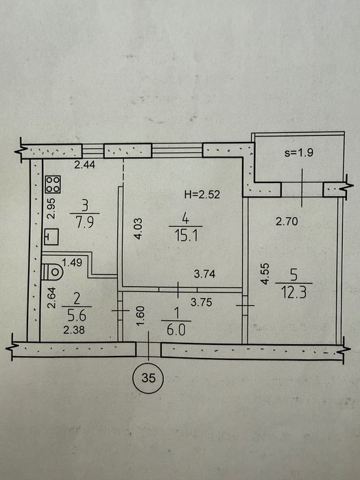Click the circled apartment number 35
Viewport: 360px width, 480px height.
coord(149,379)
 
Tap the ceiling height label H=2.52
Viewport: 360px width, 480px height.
coord(202,194)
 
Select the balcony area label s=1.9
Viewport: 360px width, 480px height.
coord(298,152)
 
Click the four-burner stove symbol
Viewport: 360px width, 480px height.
coord(53,184)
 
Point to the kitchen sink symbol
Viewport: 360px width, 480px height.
coord(51,237)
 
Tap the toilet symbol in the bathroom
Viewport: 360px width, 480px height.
coord(52,272)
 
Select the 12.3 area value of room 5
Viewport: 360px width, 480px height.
coord(294,293)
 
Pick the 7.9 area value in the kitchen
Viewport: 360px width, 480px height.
coord(85,223)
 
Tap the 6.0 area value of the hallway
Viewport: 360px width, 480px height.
coord(176,331)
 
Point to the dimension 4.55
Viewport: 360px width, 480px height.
coord(265,274)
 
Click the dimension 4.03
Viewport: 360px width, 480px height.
coord(138,228)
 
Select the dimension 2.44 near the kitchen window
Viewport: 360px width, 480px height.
coord(85,165)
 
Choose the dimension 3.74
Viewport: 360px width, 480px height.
coord(204,274)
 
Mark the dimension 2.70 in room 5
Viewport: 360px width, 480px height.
coord(287,221)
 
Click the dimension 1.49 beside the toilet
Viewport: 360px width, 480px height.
coord(72,263)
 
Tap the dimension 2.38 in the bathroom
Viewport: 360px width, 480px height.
coord(74,331)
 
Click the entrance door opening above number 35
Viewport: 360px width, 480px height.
coord(149,350)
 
